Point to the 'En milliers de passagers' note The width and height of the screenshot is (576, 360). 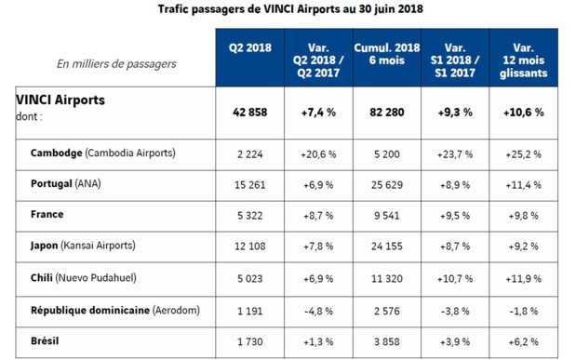[x=116, y=64]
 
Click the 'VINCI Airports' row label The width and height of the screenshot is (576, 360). [x=60, y=100]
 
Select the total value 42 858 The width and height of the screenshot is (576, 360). [x=249, y=112]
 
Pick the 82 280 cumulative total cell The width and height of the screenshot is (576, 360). [x=387, y=112]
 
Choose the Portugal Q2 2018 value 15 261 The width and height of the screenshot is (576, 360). [x=249, y=184]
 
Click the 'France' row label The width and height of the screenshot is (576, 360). [x=47, y=214]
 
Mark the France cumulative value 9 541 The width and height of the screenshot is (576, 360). [x=387, y=216]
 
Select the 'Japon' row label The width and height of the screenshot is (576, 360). [x=47, y=246]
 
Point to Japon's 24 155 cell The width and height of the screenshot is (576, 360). [x=387, y=247]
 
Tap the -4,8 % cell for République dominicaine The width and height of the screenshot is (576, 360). [x=318, y=311]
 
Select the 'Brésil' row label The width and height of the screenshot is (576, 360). [x=46, y=340]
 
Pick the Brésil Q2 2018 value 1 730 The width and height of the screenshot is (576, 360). [x=249, y=342]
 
